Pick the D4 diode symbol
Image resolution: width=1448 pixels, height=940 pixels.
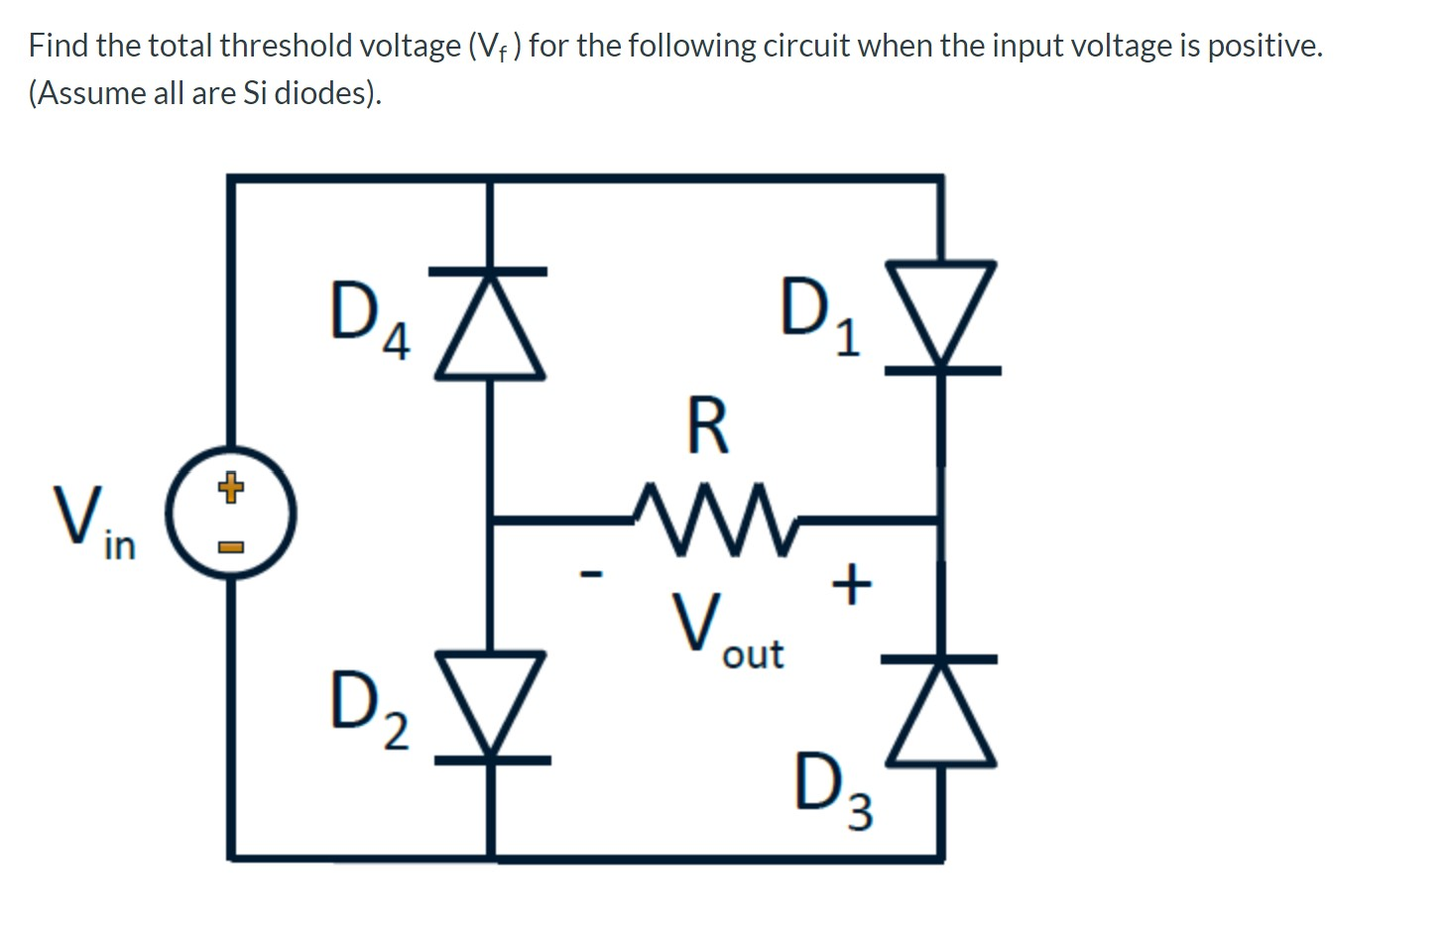pyautogui.click(x=490, y=323)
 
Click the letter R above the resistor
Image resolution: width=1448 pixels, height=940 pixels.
pyautogui.click(x=707, y=426)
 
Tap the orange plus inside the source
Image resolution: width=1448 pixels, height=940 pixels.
pyautogui.click(x=230, y=488)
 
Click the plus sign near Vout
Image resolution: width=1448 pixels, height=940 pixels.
pyautogui.click(x=851, y=584)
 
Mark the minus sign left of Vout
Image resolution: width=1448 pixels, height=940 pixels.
pyautogui.click(x=592, y=572)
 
